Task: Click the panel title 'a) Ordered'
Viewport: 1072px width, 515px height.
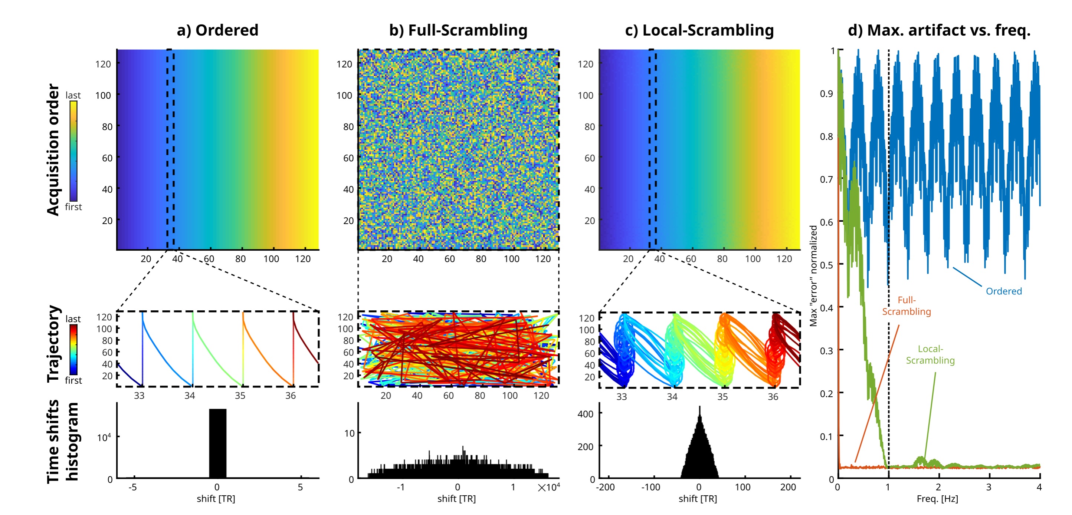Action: (x=218, y=30)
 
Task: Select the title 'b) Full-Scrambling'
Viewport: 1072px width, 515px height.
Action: (x=458, y=30)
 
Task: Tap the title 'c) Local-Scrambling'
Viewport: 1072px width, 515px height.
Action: (x=699, y=30)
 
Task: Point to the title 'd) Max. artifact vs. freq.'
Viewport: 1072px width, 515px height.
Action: (x=939, y=30)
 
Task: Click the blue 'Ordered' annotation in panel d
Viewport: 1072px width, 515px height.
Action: (x=1004, y=291)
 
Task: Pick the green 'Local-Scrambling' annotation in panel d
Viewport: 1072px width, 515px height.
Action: (x=931, y=354)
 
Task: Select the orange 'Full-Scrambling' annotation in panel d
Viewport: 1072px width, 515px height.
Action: (x=907, y=306)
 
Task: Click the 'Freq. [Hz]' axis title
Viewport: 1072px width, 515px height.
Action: (x=937, y=498)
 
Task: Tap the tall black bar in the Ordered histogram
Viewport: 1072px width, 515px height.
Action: (x=218, y=443)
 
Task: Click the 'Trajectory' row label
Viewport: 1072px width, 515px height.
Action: (x=53, y=343)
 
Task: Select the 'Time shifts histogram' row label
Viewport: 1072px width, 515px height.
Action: (x=62, y=442)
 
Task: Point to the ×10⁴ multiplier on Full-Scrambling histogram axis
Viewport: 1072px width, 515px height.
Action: (x=549, y=487)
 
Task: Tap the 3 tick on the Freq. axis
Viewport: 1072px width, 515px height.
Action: (x=989, y=487)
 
